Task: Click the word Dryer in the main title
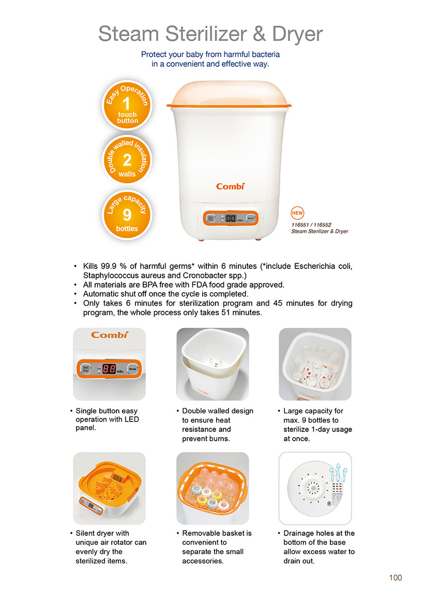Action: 297,35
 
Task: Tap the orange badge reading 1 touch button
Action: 127,105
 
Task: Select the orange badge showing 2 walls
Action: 127,159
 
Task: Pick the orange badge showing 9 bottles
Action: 127,215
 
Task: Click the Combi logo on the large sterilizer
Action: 230,186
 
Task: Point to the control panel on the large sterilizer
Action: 231,218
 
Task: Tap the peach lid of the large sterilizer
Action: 229,93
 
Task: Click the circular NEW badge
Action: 297,213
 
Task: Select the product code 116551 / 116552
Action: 311,225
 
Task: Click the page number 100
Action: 396,578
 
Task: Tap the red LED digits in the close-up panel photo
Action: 109,369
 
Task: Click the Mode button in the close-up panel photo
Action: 132,369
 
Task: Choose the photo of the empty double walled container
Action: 212,364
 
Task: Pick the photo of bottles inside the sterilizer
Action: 315,364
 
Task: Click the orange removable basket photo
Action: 212,488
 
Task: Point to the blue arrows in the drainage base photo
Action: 338,472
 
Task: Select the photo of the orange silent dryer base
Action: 110,488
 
